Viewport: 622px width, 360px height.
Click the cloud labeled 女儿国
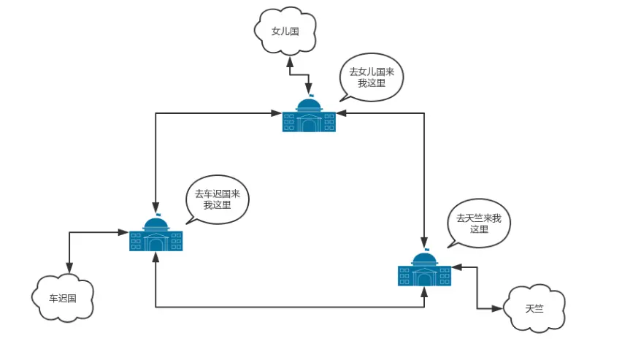point(286,31)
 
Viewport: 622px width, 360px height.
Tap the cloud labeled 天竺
point(534,308)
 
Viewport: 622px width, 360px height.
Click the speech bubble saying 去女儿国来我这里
point(372,77)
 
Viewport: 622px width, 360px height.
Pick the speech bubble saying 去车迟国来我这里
point(218,199)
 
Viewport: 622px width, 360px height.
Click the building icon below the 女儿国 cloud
point(309,117)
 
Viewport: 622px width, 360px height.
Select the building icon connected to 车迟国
point(155,235)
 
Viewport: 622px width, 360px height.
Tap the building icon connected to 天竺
point(424,270)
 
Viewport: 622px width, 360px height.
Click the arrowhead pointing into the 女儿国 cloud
point(290,59)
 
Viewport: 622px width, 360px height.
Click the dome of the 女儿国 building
point(309,104)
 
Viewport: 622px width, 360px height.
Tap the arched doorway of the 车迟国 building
point(155,243)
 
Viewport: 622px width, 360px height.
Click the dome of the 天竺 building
point(424,258)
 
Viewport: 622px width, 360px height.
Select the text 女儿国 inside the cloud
point(285,31)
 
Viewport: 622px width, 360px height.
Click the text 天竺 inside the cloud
point(534,309)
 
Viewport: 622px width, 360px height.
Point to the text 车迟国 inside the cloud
point(63,298)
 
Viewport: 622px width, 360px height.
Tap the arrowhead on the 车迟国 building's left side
point(125,232)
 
